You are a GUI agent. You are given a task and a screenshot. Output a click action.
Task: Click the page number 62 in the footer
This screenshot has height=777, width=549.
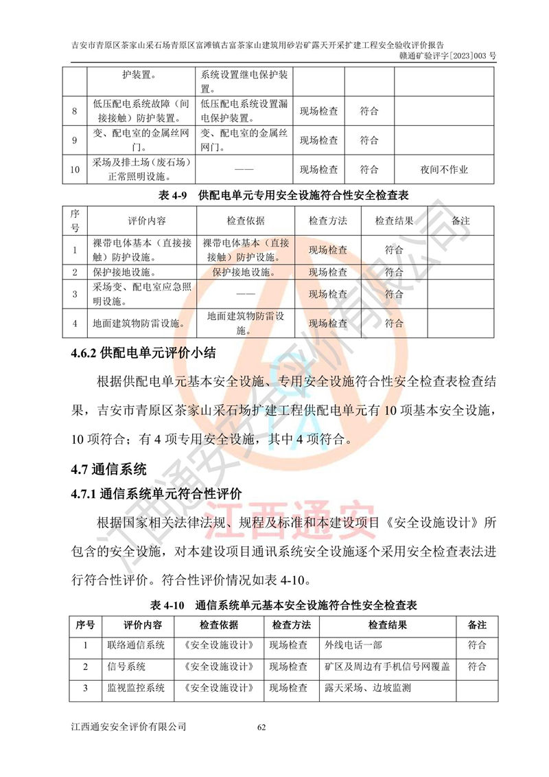pos(261,727)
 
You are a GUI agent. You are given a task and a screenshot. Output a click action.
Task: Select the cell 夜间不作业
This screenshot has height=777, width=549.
pos(444,169)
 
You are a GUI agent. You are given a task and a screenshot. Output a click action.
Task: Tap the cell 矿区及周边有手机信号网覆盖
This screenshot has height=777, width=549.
pos(387,666)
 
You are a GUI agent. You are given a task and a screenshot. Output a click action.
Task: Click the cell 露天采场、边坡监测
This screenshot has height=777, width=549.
pos(368,687)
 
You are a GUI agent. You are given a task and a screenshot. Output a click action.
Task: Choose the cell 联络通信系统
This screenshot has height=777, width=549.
pos(142,646)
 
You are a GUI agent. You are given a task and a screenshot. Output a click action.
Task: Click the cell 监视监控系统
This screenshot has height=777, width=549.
pos(142,687)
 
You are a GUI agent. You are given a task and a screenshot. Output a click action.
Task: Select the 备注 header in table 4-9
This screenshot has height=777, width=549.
pos(461,221)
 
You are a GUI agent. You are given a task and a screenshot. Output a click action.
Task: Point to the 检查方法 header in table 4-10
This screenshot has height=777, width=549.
pos(291,625)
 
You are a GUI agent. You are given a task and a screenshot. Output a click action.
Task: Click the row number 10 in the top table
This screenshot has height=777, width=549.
pos(75,169)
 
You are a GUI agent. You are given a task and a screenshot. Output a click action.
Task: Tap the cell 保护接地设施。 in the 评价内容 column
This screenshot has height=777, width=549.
pos(124,272)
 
